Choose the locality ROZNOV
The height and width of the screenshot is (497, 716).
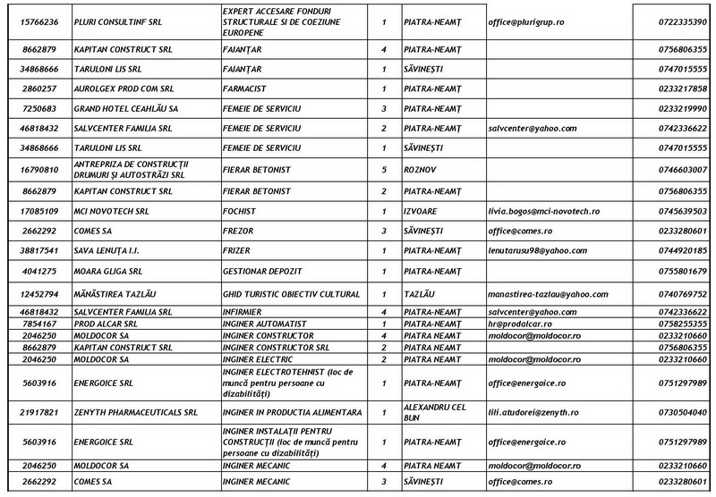coord(421,167)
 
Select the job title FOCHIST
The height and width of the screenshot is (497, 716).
coord(239,211)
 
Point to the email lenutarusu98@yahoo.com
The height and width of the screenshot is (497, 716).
coord(537,250)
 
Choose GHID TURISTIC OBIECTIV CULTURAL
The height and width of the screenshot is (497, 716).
coord(290,293)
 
